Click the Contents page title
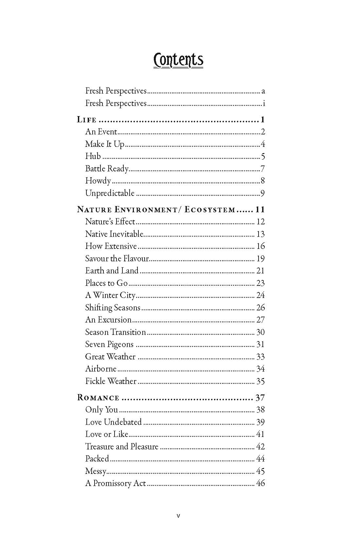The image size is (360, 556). point(178,60)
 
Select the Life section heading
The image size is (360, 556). point(87,120)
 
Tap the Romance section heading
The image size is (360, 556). point(98,398)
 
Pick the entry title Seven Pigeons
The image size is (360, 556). point(109,344)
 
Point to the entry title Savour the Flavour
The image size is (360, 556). point(117,259)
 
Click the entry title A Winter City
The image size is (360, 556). point(110,295)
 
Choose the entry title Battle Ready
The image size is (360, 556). point(107,169)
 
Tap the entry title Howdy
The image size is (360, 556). point(98,181)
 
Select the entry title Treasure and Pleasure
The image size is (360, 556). point(121,447)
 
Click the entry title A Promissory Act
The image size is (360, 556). point(115,483)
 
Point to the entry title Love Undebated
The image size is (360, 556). point(113,422)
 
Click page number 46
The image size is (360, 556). point(261,483)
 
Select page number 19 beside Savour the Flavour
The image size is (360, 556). point(261,259)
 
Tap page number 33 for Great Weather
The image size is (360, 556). point(261,357)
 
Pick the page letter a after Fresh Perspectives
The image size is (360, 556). point(263,91)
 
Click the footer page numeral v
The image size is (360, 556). point(178,516)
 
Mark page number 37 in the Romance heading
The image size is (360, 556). point(260,398)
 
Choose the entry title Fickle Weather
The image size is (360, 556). point(111,381)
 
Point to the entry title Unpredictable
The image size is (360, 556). point(110,193)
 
